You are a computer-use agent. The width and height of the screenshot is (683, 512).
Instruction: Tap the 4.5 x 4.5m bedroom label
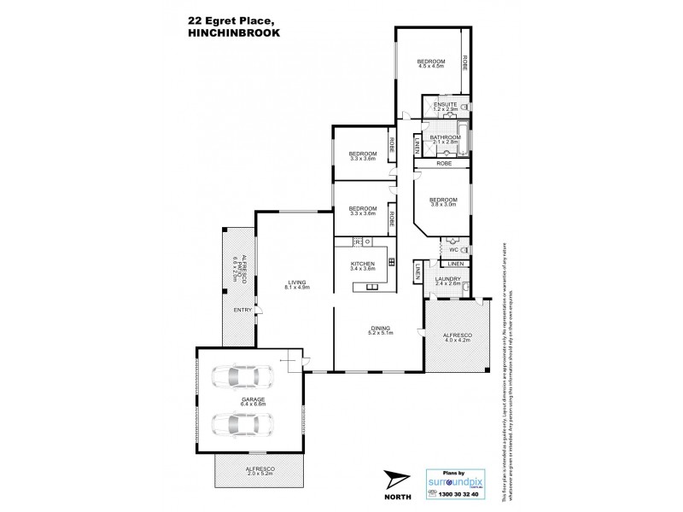point(430,63)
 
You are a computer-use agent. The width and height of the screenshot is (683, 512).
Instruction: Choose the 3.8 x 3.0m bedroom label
point(444,201)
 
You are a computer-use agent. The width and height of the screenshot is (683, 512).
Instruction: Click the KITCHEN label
point(363,265)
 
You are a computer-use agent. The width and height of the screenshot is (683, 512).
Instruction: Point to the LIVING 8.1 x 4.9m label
point(297,284)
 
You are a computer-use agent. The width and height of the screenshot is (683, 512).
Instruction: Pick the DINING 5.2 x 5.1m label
point(380,329)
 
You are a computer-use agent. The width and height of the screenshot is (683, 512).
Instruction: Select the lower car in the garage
point(244,424)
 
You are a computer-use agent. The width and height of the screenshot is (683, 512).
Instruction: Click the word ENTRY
point(242,310)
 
